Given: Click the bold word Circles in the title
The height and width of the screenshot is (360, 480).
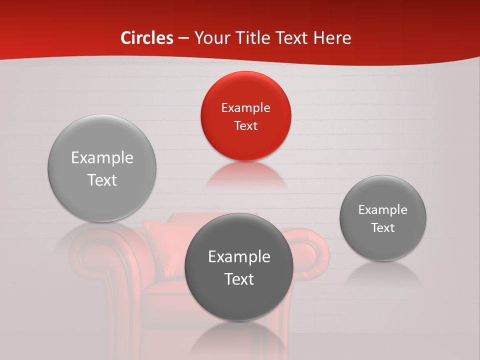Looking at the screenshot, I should pos(147,38).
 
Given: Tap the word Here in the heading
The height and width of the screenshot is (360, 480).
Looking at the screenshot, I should pos(332,38).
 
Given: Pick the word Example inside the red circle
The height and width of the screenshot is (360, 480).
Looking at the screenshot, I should pos(245,108).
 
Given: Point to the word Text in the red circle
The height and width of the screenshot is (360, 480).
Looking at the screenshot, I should pos(245,126).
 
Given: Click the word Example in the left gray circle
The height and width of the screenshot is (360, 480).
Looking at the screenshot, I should pos(102,158).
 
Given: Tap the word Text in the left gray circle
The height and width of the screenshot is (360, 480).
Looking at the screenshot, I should pos(102,180).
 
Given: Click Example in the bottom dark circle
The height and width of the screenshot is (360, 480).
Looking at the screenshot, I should pos(239,257).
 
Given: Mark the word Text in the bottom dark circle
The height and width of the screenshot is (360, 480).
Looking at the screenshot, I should pos(239,279).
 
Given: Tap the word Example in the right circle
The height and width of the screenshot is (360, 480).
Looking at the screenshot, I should pos(383,210).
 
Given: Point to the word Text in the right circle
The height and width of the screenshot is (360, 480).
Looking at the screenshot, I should pos(383,228).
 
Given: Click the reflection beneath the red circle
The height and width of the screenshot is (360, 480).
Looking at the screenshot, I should pos(245,175).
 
